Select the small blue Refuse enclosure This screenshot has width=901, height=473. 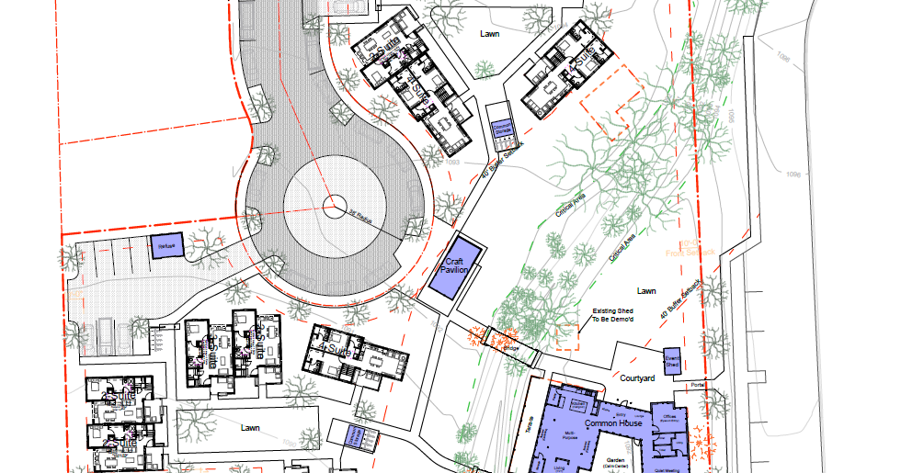click(x=166, y=246)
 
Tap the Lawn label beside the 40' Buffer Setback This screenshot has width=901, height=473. click(x=646, y=290)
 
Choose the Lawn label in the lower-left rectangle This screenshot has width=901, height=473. click(x=250, y=428)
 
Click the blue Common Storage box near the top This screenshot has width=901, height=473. click(x=501, y=129)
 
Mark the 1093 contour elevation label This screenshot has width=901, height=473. click(x=450, y=163)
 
